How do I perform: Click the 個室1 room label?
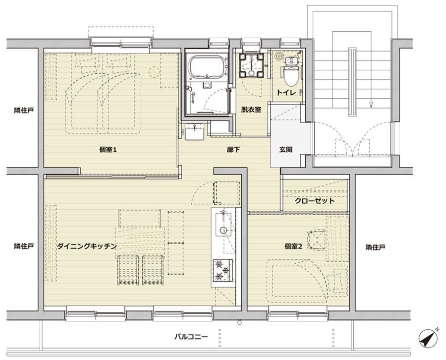point(108,149)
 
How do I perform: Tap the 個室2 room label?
point(293,246)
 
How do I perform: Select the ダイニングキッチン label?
point(87,246)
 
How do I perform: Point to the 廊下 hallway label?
point(233,149)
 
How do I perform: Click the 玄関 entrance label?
point(285,149)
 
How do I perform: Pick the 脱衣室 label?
point(251,109)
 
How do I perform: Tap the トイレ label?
point(286,93)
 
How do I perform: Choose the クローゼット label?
point(315,201)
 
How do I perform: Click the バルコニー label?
point(191,337)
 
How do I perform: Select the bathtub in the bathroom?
point(207,66)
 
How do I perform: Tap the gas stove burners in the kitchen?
point(223,271)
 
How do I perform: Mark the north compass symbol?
point(428,338)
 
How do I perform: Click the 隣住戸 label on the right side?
point(375,247)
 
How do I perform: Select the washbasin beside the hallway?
point(195,132)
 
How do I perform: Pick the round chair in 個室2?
point(316,240)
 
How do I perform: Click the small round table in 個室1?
point(154,72)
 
